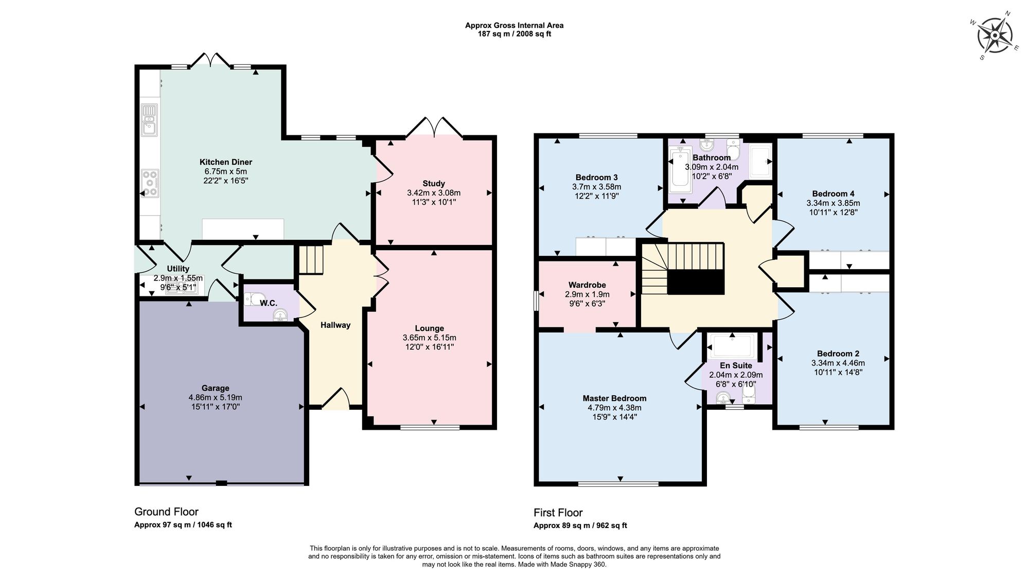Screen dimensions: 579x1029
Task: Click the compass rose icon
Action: pos(995,36)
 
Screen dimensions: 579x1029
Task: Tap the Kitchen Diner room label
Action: pos(226,162)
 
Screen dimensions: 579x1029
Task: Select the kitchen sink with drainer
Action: pos(150,119)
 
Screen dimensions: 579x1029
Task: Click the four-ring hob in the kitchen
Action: pos(150,183)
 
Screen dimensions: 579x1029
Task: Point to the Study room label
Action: pos(434,183)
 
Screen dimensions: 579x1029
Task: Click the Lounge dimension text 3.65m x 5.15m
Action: pos(429,338)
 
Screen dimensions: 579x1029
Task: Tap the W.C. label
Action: pos(268,304)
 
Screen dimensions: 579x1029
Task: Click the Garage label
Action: pos(215,388)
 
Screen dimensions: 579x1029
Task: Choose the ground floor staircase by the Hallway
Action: pos(311,259)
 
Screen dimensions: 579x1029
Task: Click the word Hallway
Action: pos(335,325)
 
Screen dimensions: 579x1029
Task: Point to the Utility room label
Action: pos(178,269)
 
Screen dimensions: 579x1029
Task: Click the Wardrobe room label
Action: pos(587,285)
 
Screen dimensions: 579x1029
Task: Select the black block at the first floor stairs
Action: pos(696,282)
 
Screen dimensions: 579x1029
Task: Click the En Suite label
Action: pos(736,365)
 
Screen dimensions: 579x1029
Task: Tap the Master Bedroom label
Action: pos(614,398)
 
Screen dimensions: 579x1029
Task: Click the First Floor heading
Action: pos(558,513)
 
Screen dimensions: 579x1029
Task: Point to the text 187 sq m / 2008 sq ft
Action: pos(514,34)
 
